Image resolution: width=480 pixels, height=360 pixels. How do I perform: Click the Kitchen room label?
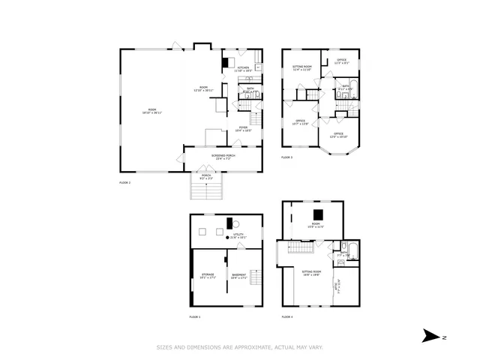pyautogui.click(x=243, y=69)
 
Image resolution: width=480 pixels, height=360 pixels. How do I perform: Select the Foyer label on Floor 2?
pyautogui.click(x=244, y=128)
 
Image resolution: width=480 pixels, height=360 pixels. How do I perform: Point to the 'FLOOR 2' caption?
pyautogui.click(x=124, y=182)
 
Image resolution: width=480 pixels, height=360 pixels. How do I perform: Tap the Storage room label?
pyautogui.click(x=208, y=275)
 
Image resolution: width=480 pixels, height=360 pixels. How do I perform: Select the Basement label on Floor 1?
pyautogui.click(x=239, y=275)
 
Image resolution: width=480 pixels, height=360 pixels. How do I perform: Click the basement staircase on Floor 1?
pyautogui.click(x=256, y=280)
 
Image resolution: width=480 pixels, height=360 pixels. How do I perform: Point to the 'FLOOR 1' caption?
pyautogui.click(x=194, y=316)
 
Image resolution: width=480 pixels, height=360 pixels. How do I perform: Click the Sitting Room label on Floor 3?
pyautogui.click(x=302, y=68)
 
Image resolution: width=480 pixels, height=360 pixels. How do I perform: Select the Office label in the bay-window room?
pyautogui.click(x=338, y=135)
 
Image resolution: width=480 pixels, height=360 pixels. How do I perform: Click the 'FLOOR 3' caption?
pyautogui.click(x=287, y=157)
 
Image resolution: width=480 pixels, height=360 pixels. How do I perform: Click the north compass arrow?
pyautogui.click(x=430, y=336)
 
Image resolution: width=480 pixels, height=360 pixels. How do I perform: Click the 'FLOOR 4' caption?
pyautogui.click(x=287, y=316)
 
